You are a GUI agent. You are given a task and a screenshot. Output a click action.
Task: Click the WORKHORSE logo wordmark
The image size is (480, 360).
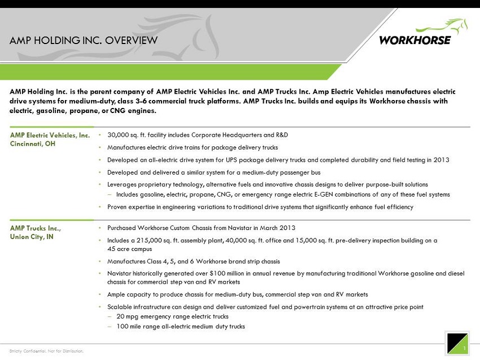[415, 40]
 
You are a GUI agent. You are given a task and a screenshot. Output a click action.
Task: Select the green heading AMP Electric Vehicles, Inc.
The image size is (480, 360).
[50, 135]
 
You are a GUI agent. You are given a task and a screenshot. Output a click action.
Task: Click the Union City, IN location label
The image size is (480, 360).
[32, 237]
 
